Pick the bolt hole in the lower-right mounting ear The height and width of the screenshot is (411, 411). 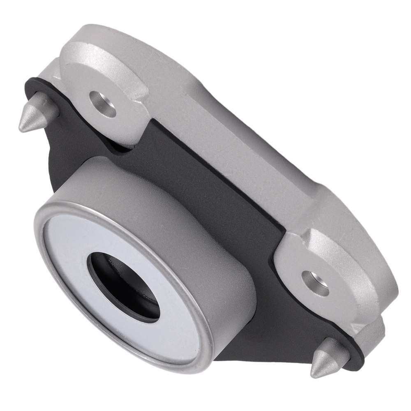(x=315, y=283)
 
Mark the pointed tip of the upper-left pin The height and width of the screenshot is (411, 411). (x=21, y=129)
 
